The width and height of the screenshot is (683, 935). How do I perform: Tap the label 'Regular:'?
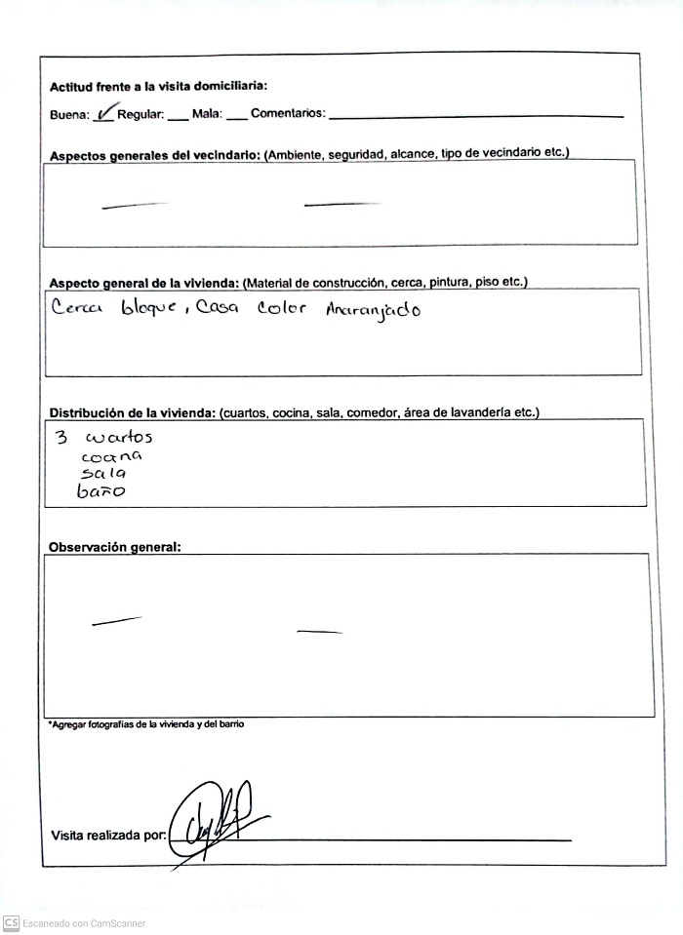(x=141, y=115)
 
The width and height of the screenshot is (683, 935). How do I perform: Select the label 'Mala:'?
(x=207, y=115)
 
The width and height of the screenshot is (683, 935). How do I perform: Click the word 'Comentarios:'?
(x=288, y=115)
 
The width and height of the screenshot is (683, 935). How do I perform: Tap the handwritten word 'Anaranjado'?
(x=374, y=312)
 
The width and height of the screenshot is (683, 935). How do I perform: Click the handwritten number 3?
(x=60, y=437)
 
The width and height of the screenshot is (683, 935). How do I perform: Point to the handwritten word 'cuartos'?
(x=119, y=438)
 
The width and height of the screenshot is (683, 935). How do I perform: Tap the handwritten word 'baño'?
(x=101, y=491)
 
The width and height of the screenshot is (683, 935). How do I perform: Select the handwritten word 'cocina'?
(x=112, y=455)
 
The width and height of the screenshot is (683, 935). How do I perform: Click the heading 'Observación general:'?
(x=114, y=548)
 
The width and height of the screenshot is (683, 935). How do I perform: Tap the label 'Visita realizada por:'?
(x=107, y=836)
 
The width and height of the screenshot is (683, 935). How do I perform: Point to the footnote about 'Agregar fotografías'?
(x=146, y=725)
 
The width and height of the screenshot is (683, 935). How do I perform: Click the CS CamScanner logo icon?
(x=10, y=922)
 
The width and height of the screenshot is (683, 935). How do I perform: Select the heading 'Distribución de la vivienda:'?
(x=132, y=413)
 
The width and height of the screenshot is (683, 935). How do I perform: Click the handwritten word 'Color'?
(x=282, y=309)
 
